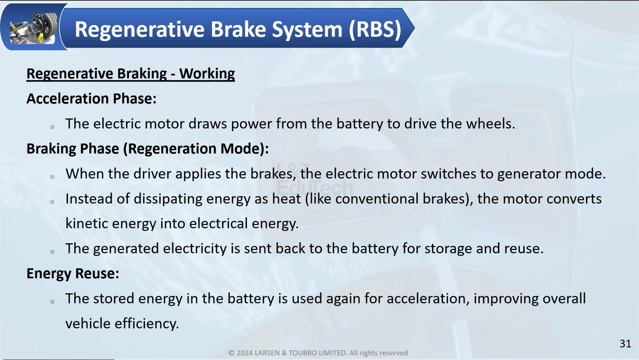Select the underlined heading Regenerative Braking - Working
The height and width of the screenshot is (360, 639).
tap(130, 74)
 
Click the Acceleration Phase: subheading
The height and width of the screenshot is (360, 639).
tap(92, 99)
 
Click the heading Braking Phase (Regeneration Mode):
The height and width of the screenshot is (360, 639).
tap(147, 149)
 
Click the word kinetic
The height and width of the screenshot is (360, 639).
tap(87, 224)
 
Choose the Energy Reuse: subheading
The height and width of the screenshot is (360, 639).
tap(73, 274)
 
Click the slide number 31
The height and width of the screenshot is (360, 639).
tap(625, 344)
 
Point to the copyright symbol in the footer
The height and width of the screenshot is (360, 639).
tap(231, 353)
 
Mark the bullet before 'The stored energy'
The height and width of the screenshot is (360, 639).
tap(52, 302)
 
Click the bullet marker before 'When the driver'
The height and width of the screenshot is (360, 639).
tap(52, 177)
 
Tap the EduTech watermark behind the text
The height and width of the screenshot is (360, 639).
tap(315, 188)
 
